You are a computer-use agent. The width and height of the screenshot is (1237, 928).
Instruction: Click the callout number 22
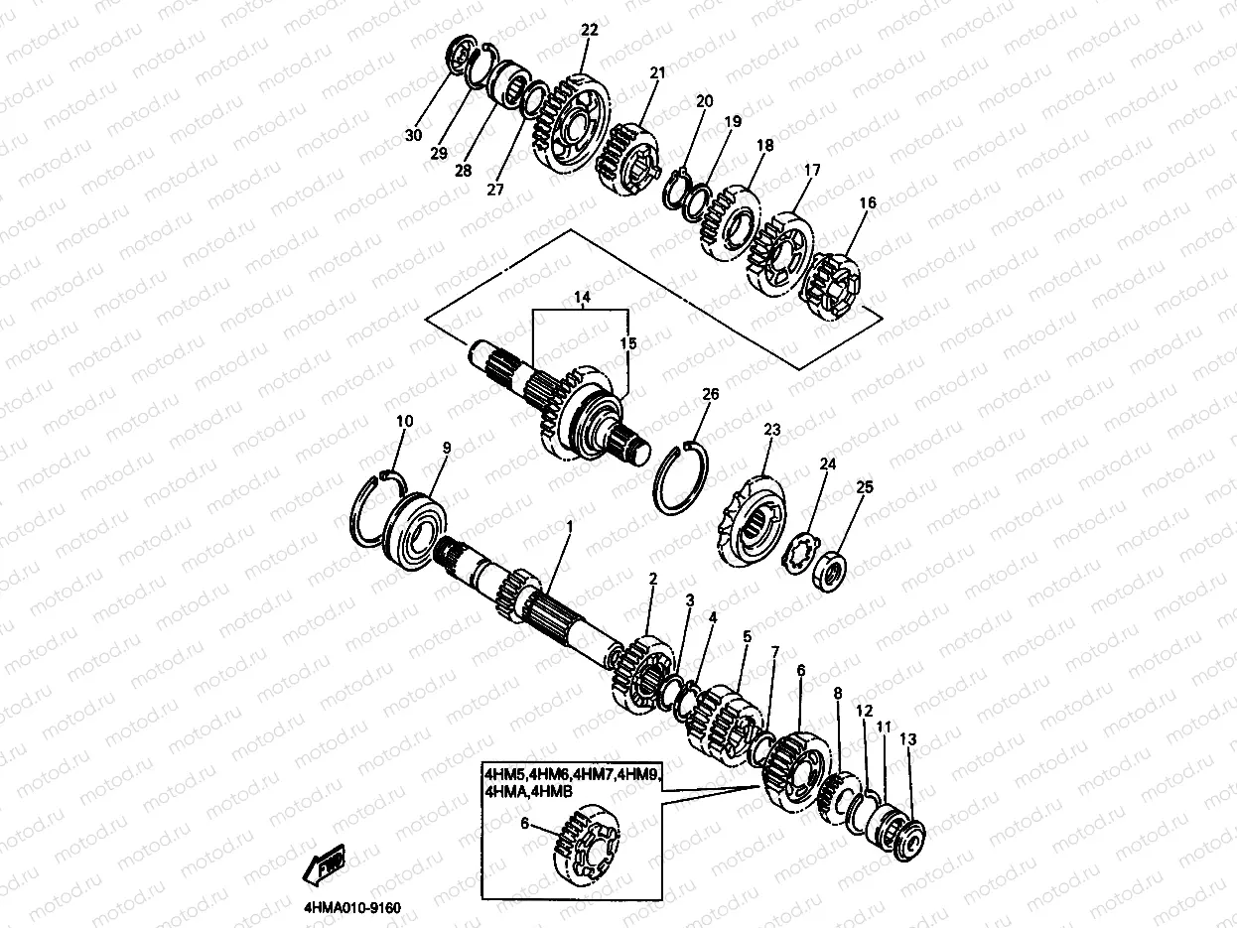click(590, 30)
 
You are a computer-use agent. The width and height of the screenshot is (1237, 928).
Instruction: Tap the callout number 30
click(414, 135)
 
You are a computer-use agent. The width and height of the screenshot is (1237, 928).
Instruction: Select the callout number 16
click(868, 202)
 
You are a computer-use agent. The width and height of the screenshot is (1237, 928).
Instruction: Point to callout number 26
click(711, 394)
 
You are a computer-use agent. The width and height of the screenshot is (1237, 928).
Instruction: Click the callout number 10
click(405, 421)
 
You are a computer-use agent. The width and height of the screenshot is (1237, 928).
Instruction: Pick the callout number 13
click(908, 738)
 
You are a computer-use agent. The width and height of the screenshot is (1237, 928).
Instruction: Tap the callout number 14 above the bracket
click(582, 297)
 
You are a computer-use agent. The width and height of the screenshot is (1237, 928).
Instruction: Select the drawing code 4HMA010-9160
click(352, 909)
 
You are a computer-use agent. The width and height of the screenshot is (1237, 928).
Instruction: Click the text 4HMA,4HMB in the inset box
click(528, 792)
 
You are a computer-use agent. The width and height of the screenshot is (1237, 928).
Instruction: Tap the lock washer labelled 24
click(800, 555)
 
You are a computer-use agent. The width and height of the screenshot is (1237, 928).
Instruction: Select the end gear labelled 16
click(831, 287)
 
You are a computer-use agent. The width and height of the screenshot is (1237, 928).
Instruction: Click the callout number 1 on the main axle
click(569, 526)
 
